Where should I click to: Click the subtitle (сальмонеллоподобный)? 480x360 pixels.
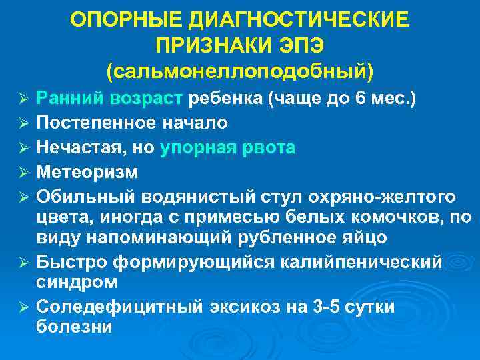click(240, 69)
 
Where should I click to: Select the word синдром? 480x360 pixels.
click(77, 282)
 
